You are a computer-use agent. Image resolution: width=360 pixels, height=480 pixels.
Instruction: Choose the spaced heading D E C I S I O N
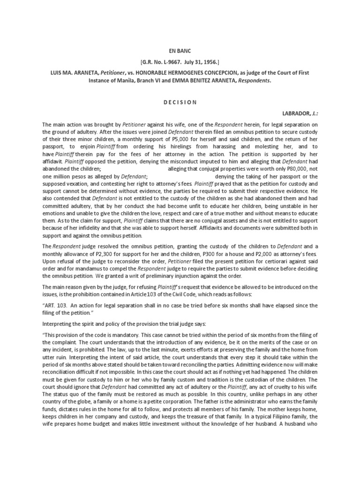pos(180,102)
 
